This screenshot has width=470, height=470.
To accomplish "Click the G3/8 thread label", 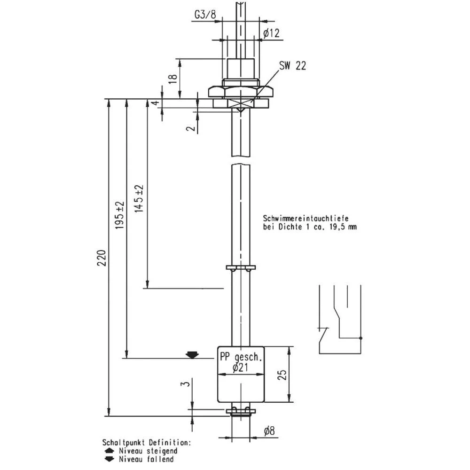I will (x=206, y=15).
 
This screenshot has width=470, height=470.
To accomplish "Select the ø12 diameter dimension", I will (x=272, y=33).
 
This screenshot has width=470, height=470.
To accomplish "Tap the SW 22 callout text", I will (x=292, y=66).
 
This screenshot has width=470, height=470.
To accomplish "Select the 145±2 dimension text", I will (x=139, y=198).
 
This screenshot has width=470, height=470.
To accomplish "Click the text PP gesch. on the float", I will (x=240, y=358).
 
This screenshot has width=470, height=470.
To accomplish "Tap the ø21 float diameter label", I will (x=240, y=368).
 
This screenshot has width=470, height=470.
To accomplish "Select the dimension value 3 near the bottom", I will (x=187, y=384).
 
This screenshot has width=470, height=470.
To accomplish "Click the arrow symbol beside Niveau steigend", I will (x=109, y=451).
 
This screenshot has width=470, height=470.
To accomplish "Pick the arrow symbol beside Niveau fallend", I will (x=109, y=459).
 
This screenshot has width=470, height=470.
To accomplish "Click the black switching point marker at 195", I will (x=191, y=354).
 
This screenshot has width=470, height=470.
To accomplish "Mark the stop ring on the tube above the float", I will (x=241, y=268).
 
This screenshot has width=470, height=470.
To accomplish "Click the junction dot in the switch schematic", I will (x=360, y=337).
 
